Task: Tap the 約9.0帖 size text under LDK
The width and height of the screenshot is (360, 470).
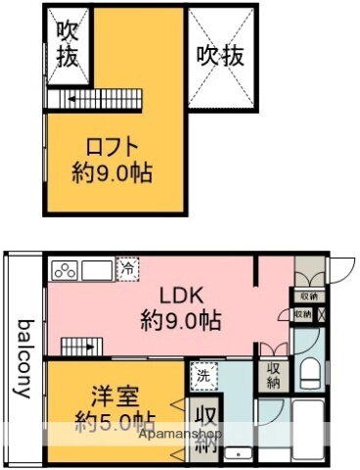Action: tap(180, 320)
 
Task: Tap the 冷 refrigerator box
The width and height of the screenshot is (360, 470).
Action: tap(129, 265)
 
